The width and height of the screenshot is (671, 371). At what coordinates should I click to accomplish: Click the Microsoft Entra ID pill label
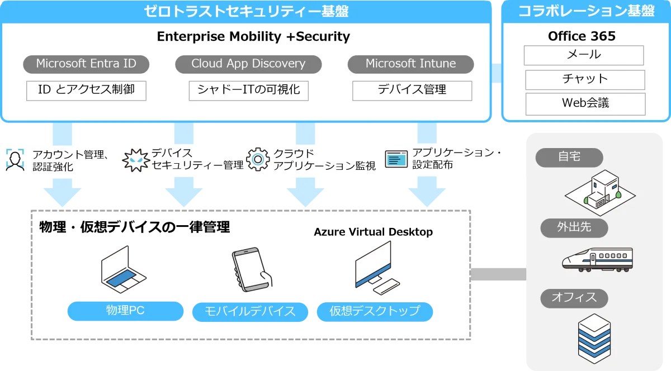[x=86, y=64]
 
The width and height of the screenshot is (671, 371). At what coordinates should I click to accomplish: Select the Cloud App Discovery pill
[x=248, y=64]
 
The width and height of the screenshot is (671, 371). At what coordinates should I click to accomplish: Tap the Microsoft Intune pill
[x=410, y=64]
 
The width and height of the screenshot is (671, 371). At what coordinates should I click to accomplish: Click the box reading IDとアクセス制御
[x=86, y=90]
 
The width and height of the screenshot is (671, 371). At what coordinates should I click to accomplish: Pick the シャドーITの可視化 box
[x=248, y=90]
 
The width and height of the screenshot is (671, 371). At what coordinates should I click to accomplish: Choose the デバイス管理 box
[x=412, y=90]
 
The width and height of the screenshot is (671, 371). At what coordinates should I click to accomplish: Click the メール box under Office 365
[x=584, y=55]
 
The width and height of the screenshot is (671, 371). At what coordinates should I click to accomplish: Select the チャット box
[x=585, y=79]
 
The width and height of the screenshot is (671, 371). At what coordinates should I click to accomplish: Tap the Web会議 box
[x=585, y=103]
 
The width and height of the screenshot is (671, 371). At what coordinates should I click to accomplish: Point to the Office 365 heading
[x=582, y=36]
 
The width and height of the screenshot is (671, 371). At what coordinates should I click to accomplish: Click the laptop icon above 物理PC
[x=121, y=270]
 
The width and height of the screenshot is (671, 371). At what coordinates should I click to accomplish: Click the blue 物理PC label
[x=125, y=311]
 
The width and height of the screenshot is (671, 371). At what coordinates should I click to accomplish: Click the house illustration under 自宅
[x=600, y=191]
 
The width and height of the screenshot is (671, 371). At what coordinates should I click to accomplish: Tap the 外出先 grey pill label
[x=574, y=227]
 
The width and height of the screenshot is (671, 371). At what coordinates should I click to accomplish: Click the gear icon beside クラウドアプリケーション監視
[x=258, y=159]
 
